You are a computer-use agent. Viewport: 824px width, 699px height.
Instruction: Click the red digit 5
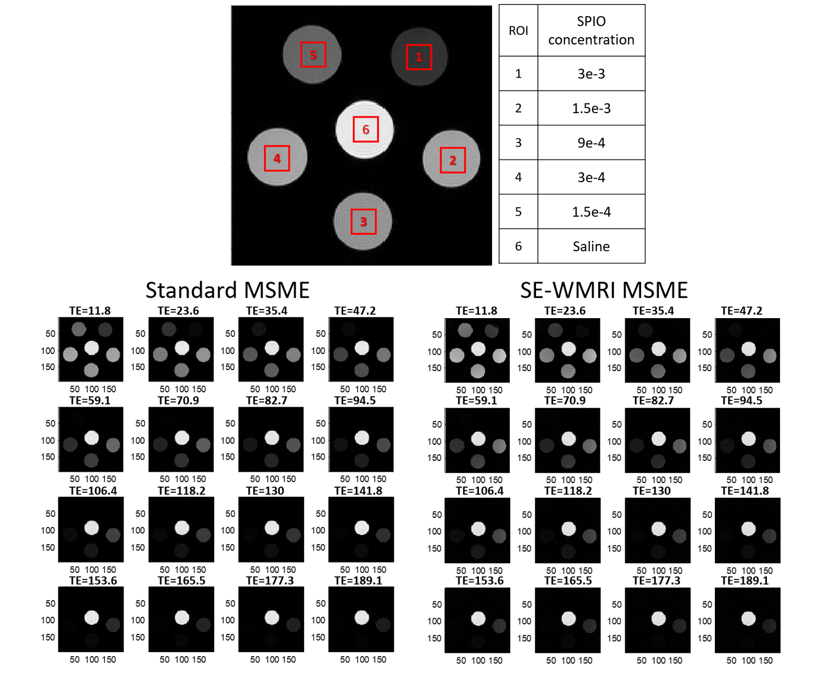tap(313, 55)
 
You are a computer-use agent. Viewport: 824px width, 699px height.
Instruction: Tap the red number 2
tap(453, 160)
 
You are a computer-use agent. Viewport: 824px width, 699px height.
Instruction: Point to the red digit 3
tap(363, 222)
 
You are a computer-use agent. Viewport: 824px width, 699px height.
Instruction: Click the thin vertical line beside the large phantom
tap(231, 135)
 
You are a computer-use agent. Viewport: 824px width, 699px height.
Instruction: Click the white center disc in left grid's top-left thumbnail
tap(91, 348)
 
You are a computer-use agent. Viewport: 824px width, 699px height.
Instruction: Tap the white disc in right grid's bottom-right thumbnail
tap(749, 618)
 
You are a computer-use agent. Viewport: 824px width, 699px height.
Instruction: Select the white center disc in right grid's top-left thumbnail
tap(478, 349)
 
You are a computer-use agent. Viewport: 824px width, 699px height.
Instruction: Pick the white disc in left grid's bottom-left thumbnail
tap(91, 617)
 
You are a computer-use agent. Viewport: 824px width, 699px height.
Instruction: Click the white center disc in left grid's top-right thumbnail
tap(362, 348)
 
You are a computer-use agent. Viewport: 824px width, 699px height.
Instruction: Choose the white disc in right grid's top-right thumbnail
tap(749, 349)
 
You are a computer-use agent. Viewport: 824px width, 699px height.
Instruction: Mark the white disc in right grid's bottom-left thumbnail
tap(478, 618)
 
